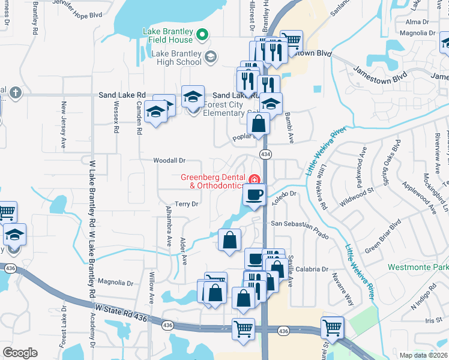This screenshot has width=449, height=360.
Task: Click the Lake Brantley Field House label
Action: tap(167, 35)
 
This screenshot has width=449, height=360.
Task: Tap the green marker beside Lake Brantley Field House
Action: tap(202, 35)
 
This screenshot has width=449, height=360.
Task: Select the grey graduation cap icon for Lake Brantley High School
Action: tap(209, 57)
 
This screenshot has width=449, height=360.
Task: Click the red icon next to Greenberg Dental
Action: tap(255, 179)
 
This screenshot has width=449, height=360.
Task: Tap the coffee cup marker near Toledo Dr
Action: tap(253, 196)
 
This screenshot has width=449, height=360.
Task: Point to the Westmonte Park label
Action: tap(418, 266)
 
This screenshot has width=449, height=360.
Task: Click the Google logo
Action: tap(20, 353)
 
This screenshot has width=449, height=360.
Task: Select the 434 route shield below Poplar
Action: tap(265, 155)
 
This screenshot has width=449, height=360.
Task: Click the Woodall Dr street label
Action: tap(169, 161)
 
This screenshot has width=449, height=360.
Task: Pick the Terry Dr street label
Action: tap(186, 204)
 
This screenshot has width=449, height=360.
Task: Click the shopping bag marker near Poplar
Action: tap(258, 125)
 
